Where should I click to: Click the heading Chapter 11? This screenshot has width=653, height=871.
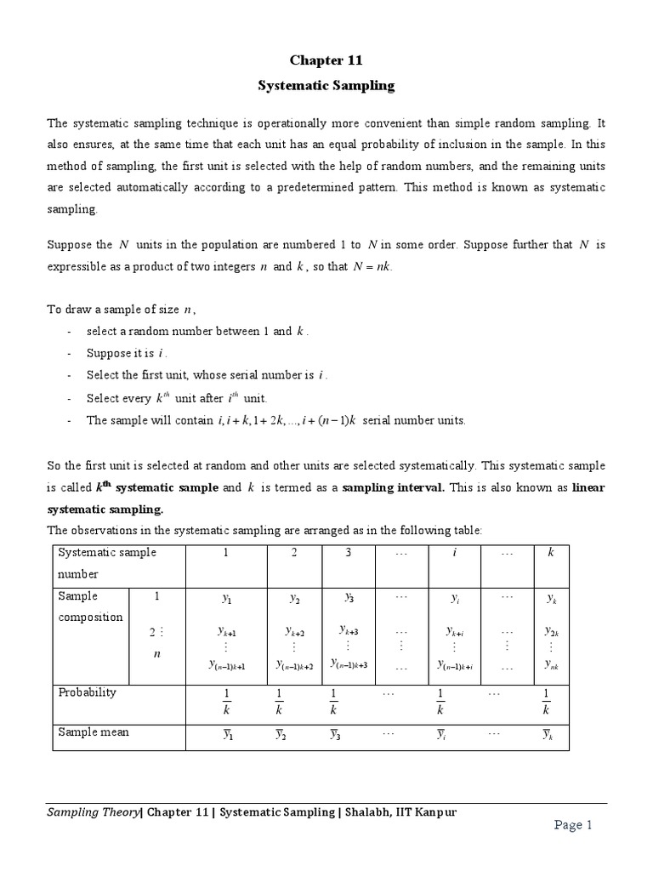(326, 60)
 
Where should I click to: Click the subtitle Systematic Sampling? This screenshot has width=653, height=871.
(326, 86)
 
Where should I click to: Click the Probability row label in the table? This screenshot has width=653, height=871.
(87, 692)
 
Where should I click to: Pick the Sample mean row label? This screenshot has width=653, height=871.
(93, 732)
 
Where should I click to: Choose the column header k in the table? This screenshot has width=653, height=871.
(549, 553)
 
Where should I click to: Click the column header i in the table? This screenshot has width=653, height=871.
(455, 553)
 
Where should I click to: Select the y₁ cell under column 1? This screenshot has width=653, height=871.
(226, 599)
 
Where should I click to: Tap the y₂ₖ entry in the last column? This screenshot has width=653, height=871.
(550, 631)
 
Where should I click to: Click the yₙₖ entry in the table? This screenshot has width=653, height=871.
(550, 664)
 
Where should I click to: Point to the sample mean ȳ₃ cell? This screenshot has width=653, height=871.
(335, 733)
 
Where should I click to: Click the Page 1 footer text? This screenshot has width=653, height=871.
(580, 824)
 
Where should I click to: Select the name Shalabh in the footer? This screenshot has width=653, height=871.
(366, 812)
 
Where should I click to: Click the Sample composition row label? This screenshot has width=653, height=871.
(90, 606)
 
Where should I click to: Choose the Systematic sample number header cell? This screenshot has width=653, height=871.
(106, 562)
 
